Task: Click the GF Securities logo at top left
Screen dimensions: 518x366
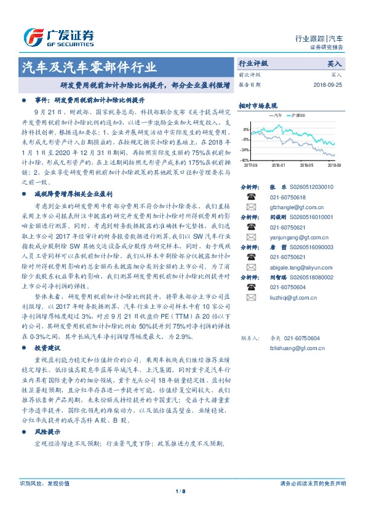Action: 58,38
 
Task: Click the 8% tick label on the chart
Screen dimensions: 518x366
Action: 246,130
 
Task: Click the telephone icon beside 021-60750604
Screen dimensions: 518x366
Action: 252,287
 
